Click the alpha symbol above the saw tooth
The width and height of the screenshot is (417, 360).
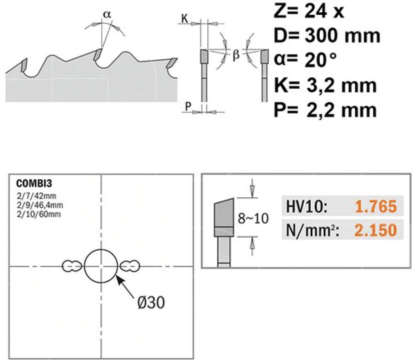(x=107, y=15)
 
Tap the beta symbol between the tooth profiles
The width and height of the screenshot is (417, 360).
(x=236, y=55)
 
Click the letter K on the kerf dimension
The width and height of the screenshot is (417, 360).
(x=184, y=19)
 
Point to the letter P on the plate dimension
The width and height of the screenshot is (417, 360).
(x=188, y=106)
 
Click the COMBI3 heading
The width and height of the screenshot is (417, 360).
(x=34, y=183)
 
